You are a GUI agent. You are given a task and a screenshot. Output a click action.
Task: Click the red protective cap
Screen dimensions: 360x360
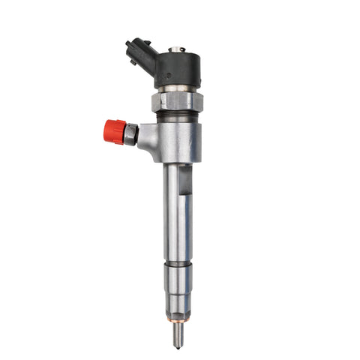114,131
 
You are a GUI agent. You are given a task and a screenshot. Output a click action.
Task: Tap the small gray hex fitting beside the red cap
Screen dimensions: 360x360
131,134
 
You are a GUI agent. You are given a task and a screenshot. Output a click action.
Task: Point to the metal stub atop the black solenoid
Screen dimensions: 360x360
177,49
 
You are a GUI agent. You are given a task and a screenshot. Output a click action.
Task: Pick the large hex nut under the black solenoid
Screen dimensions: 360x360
177,101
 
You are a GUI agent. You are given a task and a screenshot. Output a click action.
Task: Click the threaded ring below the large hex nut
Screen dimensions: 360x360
178,116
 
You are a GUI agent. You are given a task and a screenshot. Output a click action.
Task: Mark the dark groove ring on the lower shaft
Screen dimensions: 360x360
178,264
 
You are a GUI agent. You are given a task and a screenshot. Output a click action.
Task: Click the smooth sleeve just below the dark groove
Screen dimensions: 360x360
178,280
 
